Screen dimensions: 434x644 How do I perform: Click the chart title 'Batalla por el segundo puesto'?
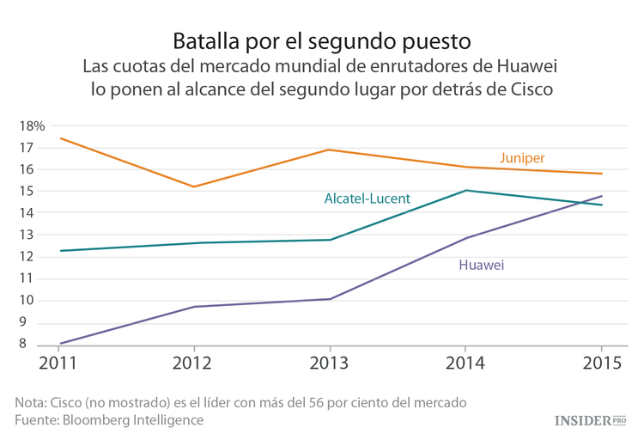click(x=322, y=40)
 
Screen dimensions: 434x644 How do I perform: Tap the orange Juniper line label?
click(x=522, y=157)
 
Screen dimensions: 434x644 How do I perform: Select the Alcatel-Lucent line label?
click(x=367, y=199)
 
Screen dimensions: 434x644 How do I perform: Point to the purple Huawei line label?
click(x=481, y=265)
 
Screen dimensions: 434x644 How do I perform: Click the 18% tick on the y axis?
click(x=31, y=125)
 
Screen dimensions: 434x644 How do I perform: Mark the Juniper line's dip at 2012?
click(x=194, y=186)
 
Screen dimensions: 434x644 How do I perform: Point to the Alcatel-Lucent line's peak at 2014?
click(x=465, y=191)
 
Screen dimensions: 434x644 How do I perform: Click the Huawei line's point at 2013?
click(x=330, y=299)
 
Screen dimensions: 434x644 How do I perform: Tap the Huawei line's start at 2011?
click(x=59, y=343)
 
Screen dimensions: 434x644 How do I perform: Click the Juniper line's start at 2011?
click(x=59, y=138)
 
